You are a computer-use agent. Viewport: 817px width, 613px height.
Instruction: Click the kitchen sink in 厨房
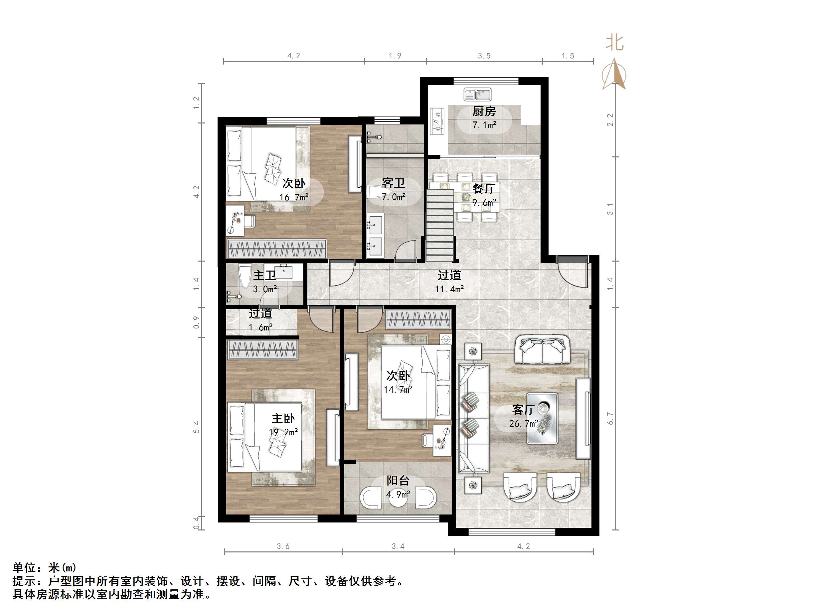[477, 95]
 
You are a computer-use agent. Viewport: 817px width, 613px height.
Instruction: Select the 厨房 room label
[484, 111]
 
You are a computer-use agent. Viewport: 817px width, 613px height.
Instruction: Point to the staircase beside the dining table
[439, 225]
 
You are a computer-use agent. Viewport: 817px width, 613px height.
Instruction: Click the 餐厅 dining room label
[484, 188]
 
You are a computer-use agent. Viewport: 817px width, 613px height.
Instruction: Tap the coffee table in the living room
[542, 418]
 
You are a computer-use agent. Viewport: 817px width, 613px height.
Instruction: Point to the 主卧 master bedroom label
[283, 418]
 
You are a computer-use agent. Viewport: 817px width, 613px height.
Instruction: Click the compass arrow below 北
[614, 74]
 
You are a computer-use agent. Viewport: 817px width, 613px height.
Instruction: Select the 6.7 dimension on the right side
[610, 418]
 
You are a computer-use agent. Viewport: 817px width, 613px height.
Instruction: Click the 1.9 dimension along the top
[395, 56]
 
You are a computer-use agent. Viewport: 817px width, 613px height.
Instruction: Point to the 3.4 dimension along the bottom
[398, 546]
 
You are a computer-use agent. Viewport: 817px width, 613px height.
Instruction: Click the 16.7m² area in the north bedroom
[294, 197]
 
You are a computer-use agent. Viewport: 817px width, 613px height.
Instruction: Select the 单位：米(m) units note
[44, 567]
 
